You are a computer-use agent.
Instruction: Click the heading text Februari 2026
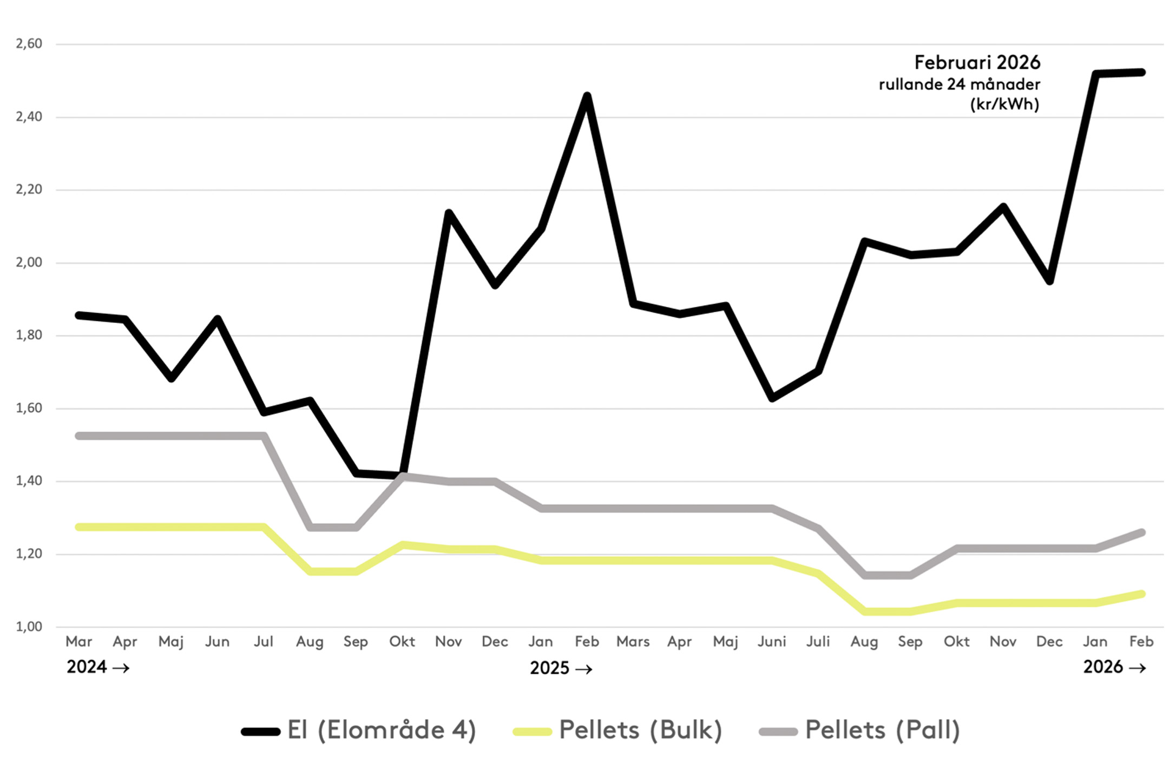(977, 63)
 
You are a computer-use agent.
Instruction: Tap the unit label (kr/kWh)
(1004, 104)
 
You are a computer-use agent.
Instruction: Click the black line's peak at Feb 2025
(587, 96)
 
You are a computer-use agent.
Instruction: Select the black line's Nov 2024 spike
(448, 213)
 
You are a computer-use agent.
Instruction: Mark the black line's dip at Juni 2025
(772, 398)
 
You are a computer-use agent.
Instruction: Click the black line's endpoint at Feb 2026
(1141, 73)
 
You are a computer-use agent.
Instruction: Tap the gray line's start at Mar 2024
(79, 436)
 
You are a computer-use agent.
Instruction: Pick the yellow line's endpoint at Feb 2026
(1141, 594)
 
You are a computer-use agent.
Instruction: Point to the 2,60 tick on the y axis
(29, 44)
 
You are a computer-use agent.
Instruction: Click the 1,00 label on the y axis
(29, 627)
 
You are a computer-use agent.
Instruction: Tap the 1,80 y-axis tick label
(29, 335)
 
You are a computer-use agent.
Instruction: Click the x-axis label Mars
(633, 642)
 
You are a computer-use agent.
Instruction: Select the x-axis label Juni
(772, 642)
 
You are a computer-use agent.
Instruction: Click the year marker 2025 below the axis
(549, 668)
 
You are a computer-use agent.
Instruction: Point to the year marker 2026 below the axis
(1103, 667)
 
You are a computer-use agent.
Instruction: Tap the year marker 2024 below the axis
(87, 667)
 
